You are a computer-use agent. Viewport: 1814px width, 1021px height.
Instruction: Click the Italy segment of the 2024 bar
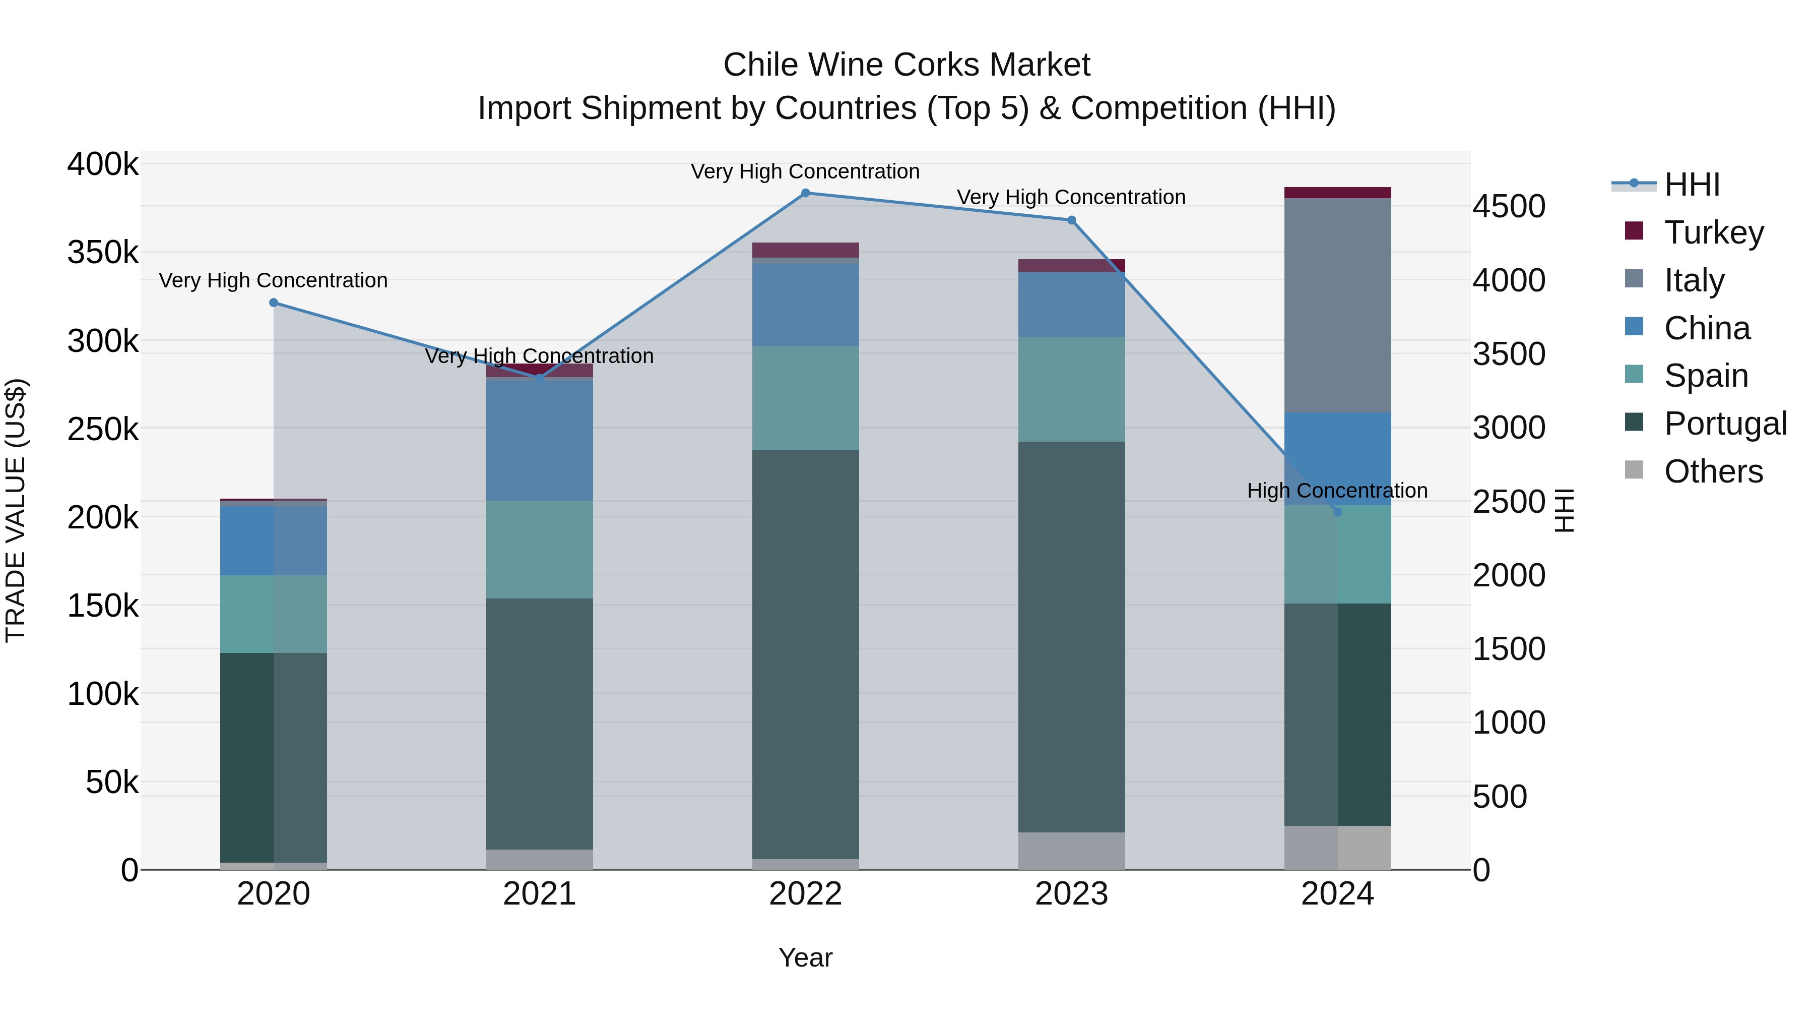click(1337, 305)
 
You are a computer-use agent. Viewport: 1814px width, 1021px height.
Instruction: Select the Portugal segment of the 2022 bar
click(806, 654)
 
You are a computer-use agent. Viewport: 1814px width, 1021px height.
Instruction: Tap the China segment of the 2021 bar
click(539, 439)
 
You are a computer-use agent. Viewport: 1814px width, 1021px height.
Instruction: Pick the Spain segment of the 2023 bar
click(1071, 389)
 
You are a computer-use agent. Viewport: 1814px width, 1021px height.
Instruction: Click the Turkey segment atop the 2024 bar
click(1337, 193)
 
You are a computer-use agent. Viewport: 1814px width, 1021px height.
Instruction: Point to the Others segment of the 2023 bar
click(1071, 851)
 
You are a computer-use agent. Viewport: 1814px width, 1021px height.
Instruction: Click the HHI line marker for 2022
click(806, 193)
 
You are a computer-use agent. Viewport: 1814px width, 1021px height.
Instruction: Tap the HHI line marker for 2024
click(1337, 512)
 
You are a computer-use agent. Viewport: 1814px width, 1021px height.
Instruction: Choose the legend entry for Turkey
click(1713, 232)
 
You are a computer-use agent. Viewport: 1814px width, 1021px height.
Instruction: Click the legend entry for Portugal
click(1725, 424)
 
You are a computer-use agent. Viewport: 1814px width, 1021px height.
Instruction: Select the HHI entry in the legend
click(1692, 185)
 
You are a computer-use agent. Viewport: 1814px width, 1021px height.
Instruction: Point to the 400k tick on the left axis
click(103, 164)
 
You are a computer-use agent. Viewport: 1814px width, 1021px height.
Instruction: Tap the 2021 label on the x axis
click(539, 894)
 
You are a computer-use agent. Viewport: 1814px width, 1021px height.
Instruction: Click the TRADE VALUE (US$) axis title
click(16, 510)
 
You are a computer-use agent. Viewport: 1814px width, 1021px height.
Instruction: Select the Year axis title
click(806, 957)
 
